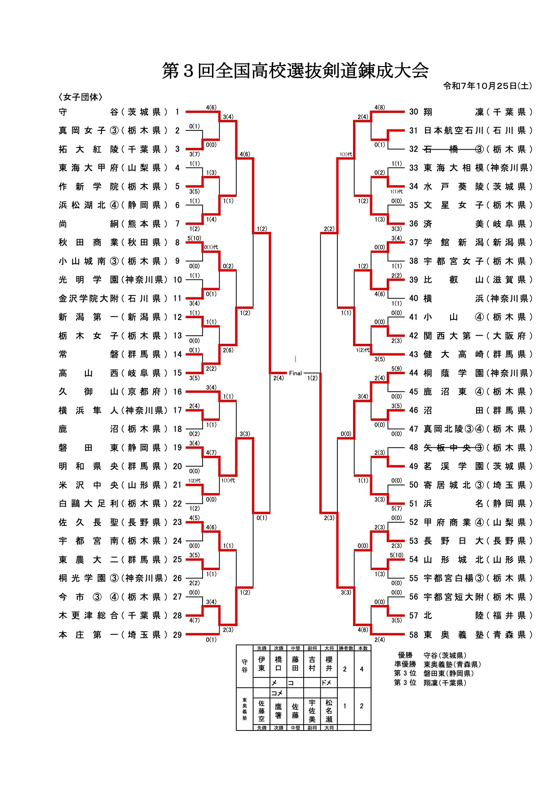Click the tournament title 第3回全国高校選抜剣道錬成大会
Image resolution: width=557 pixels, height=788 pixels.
(x=295, y=71)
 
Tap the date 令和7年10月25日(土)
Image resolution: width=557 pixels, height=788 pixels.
(x=487, y=86)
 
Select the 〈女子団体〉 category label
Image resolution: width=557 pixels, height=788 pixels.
(x=80, y=97)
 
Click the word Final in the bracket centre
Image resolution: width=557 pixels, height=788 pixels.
(x=296, y=373)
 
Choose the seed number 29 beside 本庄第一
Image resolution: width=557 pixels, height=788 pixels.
(x=177, y=635)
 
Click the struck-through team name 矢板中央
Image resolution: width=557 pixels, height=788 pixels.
(x=454, y=448)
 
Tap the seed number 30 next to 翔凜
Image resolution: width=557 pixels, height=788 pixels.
(x=414, y=112)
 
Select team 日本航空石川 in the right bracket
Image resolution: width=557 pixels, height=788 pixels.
(x=454, y=130)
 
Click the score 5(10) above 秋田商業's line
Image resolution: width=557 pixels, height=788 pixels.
(x=195, y=238)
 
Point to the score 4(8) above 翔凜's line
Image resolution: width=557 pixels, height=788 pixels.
(x=380, y=107)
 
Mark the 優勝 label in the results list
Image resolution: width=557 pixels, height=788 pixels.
(x=405, y=655)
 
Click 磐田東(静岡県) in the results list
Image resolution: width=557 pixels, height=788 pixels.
(x=449, y=673)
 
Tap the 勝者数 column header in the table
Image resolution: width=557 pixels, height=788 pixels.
(x=345, y=648)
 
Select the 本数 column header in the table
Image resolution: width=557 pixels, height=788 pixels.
(x=362, y=648)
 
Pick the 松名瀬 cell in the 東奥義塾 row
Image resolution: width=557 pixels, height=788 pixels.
(x=329, y=710)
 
